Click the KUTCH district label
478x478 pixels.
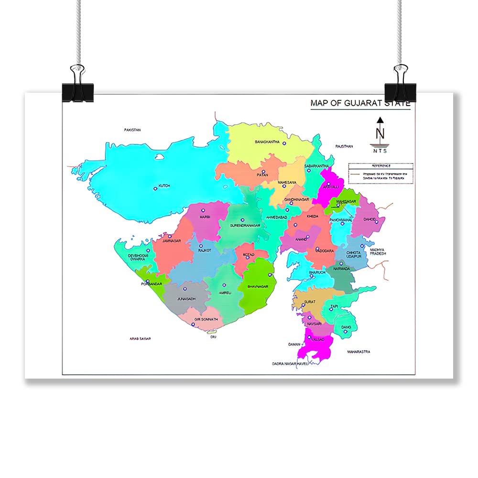click(164, 185)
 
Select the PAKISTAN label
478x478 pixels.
click(132, 130)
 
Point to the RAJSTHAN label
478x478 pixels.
click(344, 146)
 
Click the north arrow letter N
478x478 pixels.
click(380, 133)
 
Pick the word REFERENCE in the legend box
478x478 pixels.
click(381, 166)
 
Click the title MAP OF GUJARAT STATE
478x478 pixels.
click(360, 103)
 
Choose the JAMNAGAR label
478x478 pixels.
click(171, 241)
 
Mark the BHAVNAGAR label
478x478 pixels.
click(258, 287)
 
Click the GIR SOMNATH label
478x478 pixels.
click(206, 319)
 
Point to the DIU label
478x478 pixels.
click(214, 337)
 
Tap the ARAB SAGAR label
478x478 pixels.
click(140, 338)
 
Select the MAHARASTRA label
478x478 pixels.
click(358, 352)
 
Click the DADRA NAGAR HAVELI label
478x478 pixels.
click(290, 364)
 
